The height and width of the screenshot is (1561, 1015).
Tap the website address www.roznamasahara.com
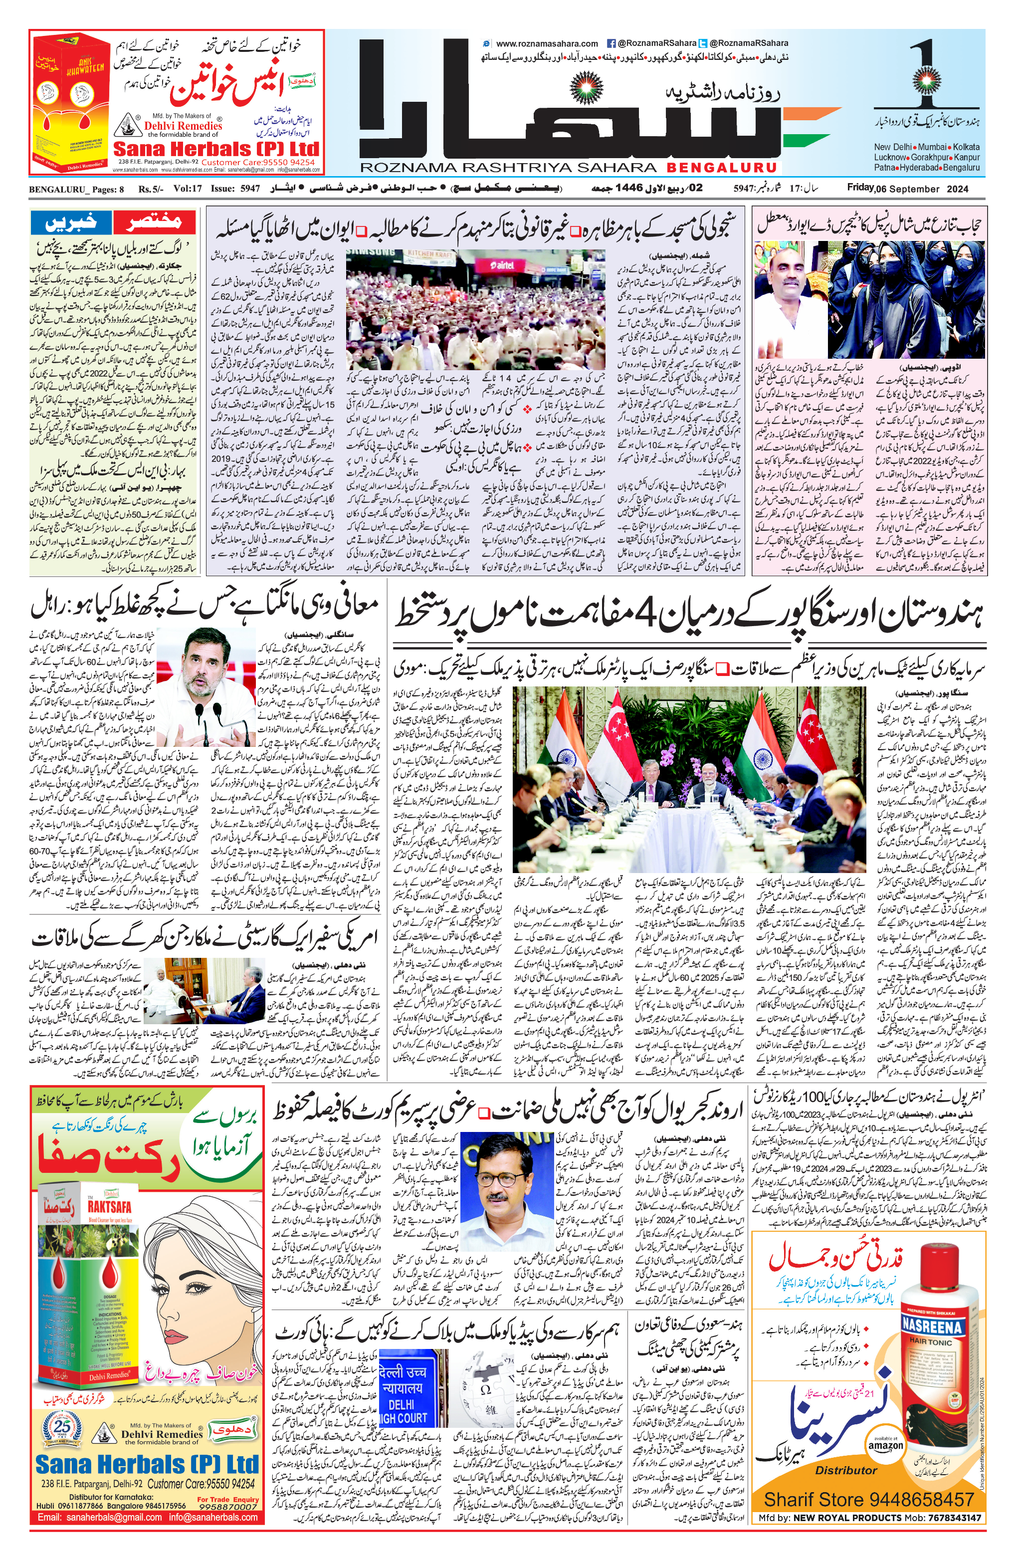pos(546,44)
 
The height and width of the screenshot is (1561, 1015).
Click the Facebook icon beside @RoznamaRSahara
pos(611,44)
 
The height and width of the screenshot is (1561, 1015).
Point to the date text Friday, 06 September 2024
pos(907,188)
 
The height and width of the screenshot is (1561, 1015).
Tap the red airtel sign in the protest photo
pos(502,265)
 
